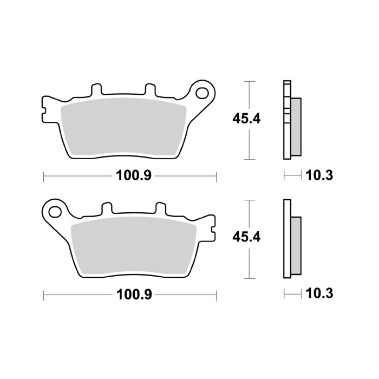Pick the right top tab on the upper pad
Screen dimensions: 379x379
(x=148, y=90)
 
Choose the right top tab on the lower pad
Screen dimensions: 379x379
(x=160, y=208)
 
